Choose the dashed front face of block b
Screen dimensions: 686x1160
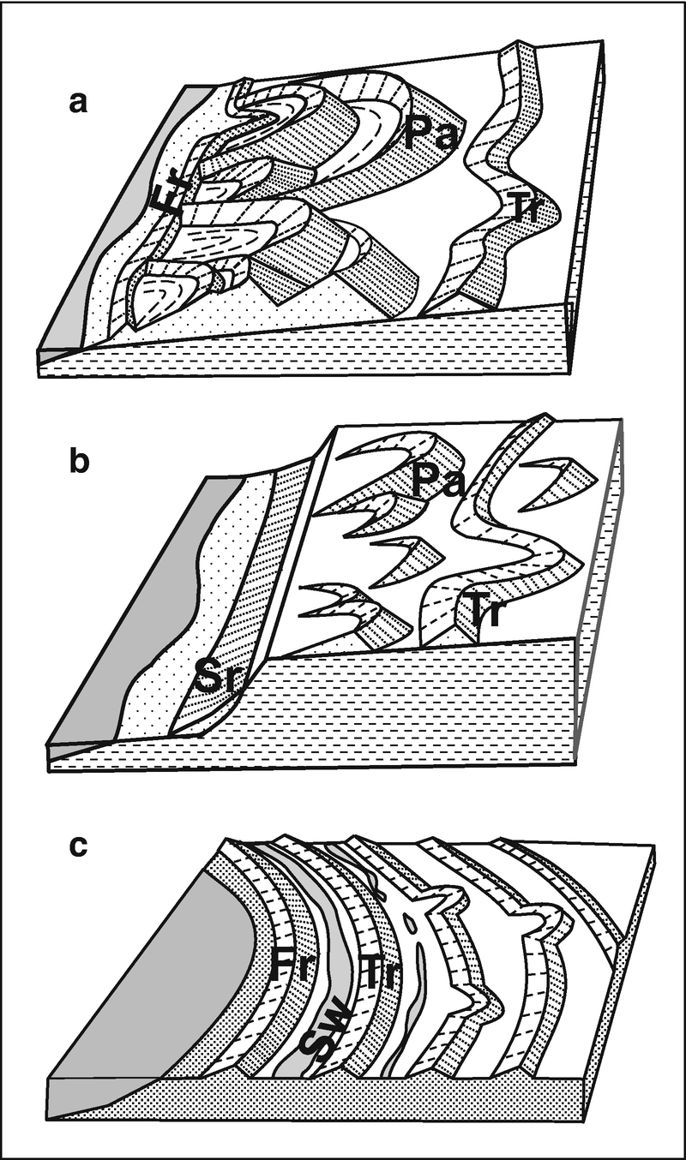pyautogui.click(x=386, y=711)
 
